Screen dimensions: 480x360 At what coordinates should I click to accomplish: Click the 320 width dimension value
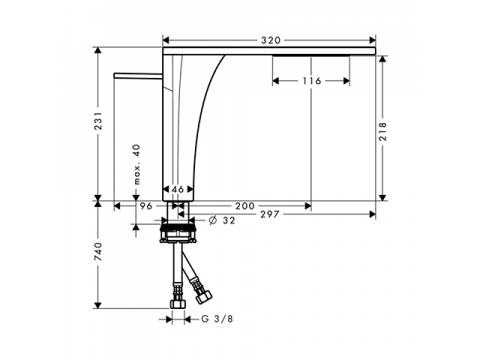[271, 40]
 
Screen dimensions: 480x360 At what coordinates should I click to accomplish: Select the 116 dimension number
[312, 81]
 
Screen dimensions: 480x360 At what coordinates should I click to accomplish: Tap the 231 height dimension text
[99, 121]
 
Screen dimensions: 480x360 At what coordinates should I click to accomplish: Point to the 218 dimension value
[383, 131]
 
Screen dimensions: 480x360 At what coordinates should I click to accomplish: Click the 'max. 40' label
[137, 164]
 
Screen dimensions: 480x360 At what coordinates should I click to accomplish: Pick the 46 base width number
[178, 189]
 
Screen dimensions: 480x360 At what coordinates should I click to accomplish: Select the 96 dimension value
[146, 206]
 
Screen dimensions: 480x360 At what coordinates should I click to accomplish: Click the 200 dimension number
[245, 206]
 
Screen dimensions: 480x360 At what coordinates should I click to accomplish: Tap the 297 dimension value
[269, 214]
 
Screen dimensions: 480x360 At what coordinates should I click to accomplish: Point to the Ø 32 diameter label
[222, 220]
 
